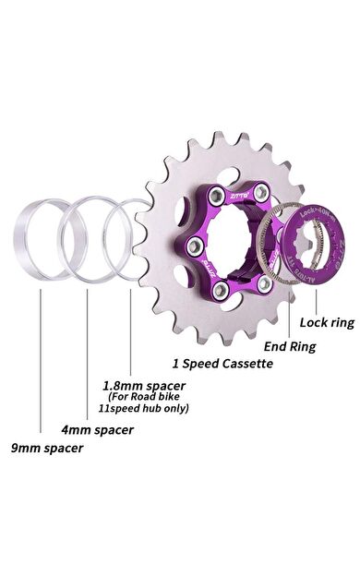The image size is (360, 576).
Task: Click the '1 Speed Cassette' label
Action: [222, 364]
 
